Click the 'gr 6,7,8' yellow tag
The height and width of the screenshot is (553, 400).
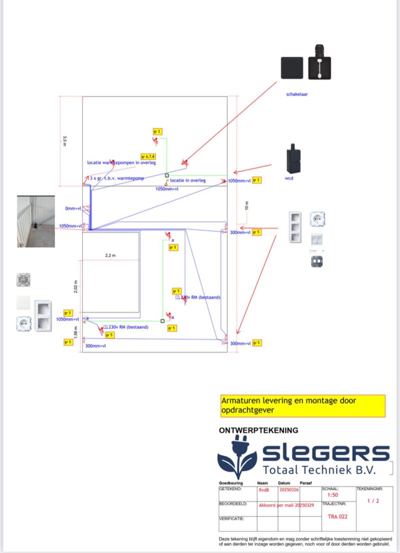148,156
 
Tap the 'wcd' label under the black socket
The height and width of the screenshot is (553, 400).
289,178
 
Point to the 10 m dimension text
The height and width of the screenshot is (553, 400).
246,205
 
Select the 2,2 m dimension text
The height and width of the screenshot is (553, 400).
110,255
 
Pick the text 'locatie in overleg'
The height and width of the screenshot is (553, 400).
187,180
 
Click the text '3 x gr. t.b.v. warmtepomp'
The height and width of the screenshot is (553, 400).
117,178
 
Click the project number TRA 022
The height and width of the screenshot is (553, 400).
337,517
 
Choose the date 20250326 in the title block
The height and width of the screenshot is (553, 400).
290,490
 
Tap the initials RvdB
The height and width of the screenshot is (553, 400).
264,490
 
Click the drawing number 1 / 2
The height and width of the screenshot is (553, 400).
373,501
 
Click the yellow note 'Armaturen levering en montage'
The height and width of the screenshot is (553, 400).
302,406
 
